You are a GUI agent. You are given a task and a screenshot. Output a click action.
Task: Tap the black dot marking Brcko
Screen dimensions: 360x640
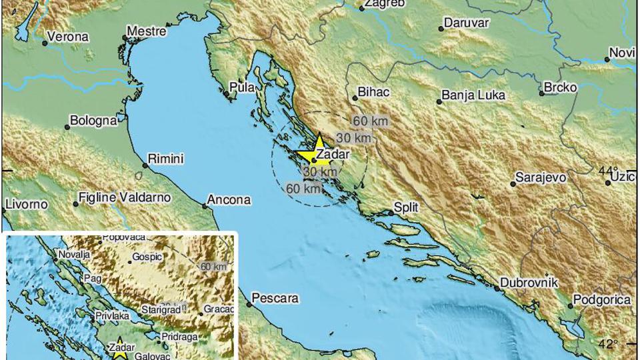click(x=543, y=93)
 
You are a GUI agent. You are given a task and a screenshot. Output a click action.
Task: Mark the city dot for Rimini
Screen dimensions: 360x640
click(x=146, y=165)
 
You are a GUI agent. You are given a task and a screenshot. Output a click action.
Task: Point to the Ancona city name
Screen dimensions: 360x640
click(x=229, y=199)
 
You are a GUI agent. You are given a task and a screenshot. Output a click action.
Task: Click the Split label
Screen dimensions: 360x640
click(x=406, y=207)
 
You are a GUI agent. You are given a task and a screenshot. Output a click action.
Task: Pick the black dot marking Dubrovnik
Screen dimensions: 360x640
click(x=497, y=288)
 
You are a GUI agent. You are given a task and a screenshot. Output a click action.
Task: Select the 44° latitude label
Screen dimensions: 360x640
click(x=607, y=171)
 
